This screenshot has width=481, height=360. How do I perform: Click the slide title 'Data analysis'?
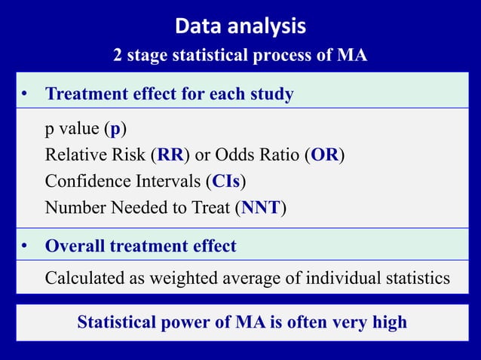click(240, 27)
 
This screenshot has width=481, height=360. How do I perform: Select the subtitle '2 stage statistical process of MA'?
click(240, 56)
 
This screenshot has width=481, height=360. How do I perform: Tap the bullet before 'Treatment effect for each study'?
click(25, 95)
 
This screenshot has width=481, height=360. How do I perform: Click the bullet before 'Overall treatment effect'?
click(25, 246)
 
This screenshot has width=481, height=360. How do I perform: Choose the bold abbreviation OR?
click(324, 155)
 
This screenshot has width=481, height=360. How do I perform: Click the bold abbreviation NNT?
click(261, 207)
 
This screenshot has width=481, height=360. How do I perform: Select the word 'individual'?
click(344, 279)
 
